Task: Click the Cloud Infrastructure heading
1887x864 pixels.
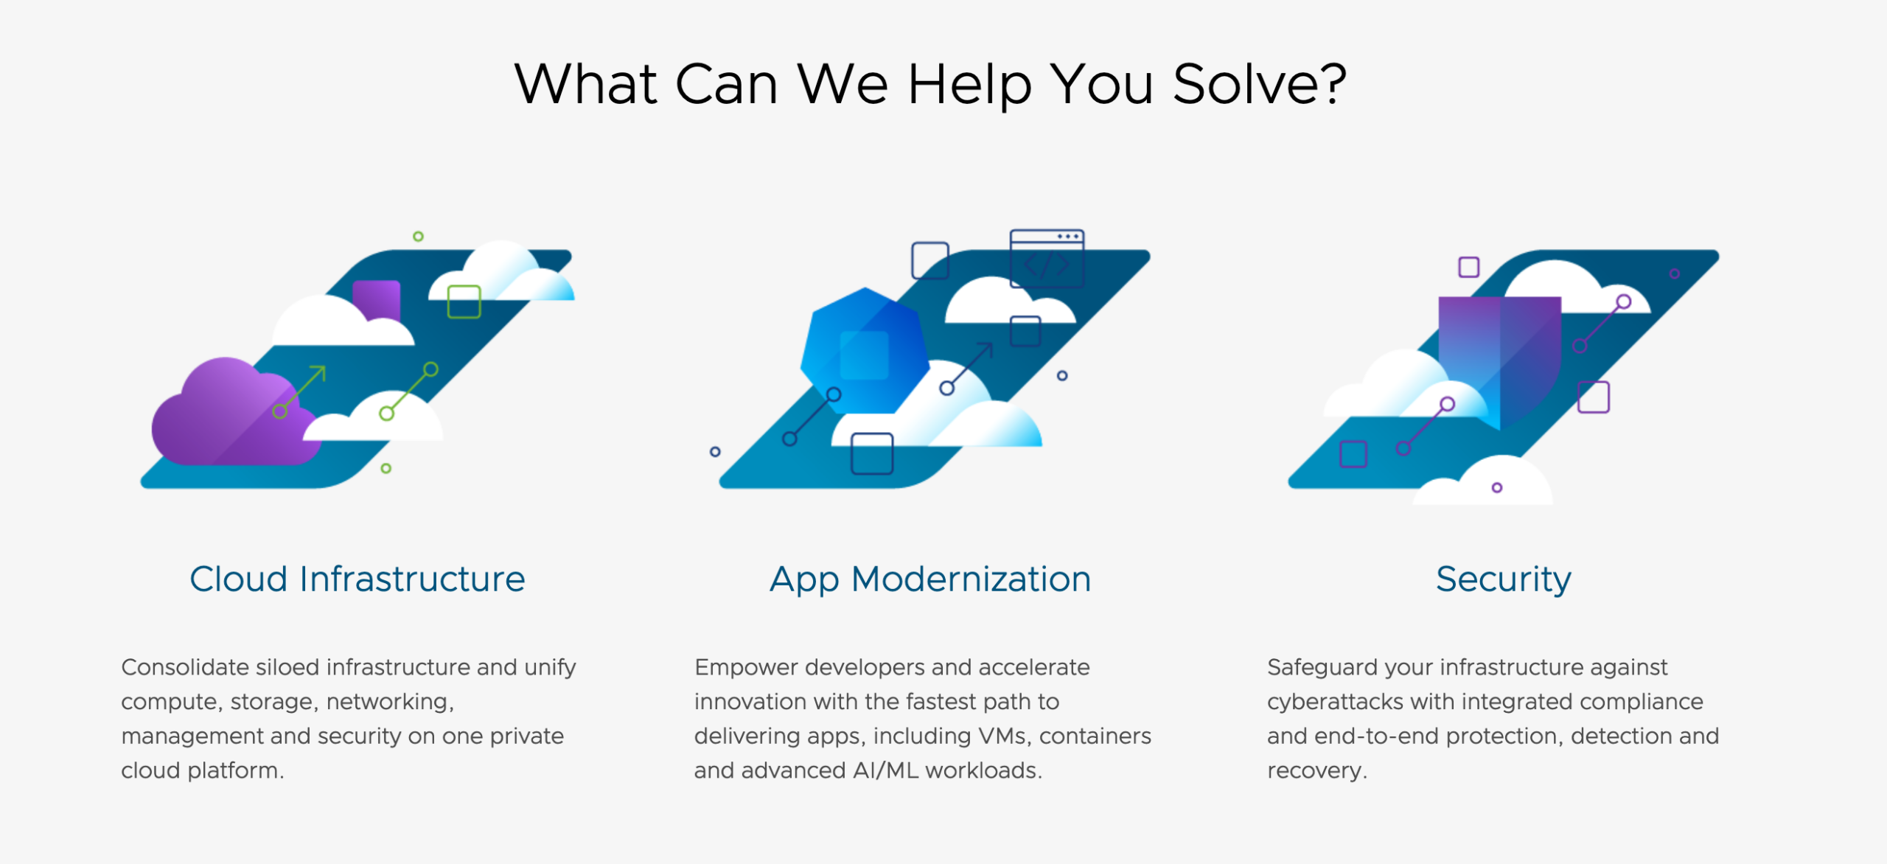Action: [357, 579]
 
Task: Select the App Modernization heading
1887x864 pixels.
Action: [930, 579]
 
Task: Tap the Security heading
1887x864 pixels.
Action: [1503, 579]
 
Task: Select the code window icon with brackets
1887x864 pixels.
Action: [1047, 258]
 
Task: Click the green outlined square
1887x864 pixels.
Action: [464, 302]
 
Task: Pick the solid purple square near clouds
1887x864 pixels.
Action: [377, 299]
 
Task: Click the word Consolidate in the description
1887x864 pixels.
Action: [184, 667]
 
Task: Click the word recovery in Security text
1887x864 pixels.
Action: [1315, 770]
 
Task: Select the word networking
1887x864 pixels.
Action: [388, 702]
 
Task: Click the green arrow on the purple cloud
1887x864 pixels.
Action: [302, 386]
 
